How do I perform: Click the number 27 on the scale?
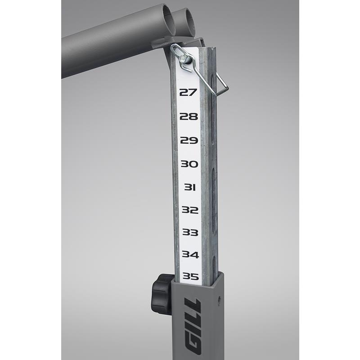188,92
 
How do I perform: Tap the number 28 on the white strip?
189,117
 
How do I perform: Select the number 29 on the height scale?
189,140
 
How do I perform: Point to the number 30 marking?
189,164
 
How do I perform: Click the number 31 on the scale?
190,187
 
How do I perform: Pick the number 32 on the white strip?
190,210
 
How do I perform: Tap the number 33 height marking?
190,232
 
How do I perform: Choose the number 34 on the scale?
190,255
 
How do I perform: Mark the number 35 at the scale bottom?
191,276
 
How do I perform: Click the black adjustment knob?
162,295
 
